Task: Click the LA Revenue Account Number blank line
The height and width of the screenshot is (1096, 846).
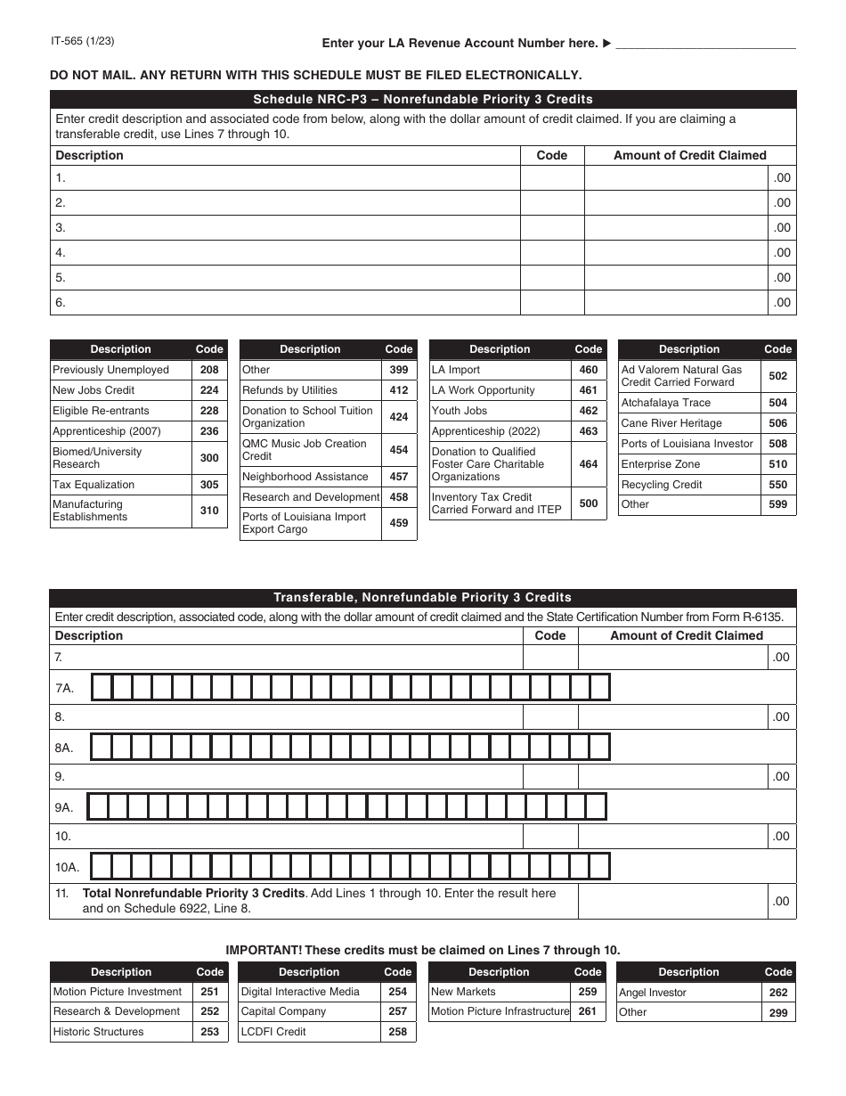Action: coord(705,43)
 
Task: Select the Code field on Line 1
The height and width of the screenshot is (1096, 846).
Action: coord(551,178)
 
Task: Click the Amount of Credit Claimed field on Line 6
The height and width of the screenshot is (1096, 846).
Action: coord(676,303)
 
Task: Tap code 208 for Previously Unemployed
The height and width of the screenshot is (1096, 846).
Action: coord(209,370)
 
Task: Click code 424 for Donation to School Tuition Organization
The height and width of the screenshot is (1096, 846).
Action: coord(399,417)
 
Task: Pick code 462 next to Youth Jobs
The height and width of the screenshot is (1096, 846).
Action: coord(588,411)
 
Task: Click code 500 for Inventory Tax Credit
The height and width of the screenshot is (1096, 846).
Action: coord(588,503)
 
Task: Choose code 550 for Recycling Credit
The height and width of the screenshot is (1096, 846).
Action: coord(777,485)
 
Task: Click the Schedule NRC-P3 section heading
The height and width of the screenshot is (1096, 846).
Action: coord(423,99)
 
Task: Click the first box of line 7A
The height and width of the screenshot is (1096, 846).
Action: coord(102,688)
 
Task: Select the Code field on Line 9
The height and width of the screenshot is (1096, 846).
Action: coord(549,777)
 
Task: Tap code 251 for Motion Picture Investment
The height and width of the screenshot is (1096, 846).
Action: coord(209,992)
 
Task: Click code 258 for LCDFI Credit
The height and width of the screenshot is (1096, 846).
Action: coord(398,1032)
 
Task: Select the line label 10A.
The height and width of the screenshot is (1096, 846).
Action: coord(68,867)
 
